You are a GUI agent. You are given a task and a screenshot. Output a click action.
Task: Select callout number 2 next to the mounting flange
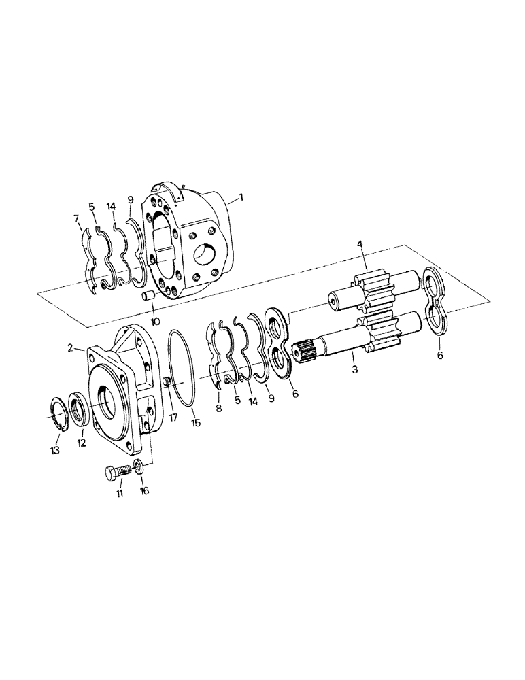pyautogui.click(x=70, y=347)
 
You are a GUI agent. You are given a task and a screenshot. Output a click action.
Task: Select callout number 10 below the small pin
pyautogui.click(x=156, y=322)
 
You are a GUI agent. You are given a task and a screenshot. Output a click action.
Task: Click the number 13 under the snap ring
pyautogui.click(x=55, y=450)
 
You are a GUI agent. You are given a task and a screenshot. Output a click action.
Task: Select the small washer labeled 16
pyautogui.click(x=139, y=468)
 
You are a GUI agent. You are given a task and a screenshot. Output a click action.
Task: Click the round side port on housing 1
pyautogui.click(x=207, y=256)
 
